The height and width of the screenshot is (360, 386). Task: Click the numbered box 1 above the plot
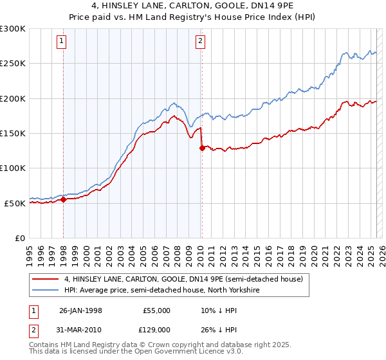click(62, 41)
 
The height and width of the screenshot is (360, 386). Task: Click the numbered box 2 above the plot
click(200, 41)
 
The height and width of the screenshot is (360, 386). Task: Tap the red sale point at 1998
click(64, 199)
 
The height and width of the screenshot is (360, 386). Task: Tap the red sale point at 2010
click(202, 148)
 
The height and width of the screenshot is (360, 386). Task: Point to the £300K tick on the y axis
click(13, 29)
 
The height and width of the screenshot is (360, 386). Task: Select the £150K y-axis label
click(13, 133)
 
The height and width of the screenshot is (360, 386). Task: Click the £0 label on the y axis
click(19, 238)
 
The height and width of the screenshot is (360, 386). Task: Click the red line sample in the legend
click(46, 279)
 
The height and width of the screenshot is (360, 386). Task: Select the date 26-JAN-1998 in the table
click(80, 310)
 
